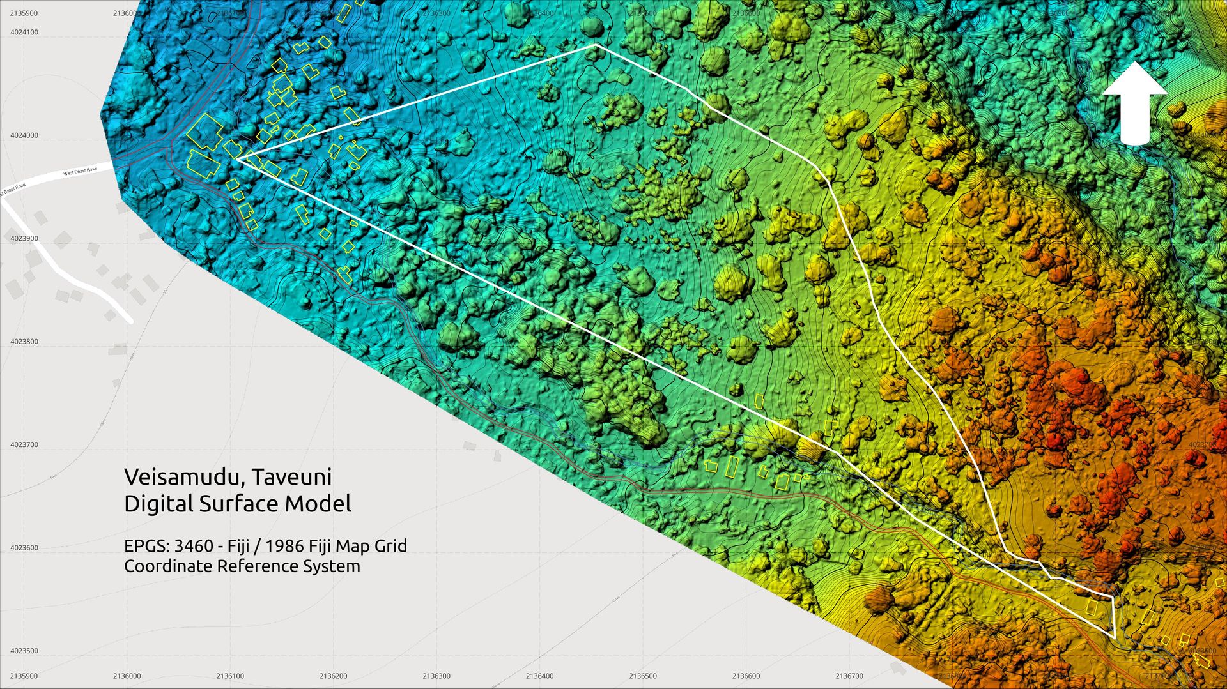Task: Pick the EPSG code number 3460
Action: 194,546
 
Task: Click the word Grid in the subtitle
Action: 390,546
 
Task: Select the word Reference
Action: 257,566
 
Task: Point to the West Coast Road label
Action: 80,171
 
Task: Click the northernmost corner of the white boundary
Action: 595,45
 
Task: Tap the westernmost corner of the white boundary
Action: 238,159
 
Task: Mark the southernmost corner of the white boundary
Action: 1115,637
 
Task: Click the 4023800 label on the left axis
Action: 24,342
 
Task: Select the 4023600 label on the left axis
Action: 24,548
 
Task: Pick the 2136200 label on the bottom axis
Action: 333,676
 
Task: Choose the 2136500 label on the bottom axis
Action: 642,676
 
